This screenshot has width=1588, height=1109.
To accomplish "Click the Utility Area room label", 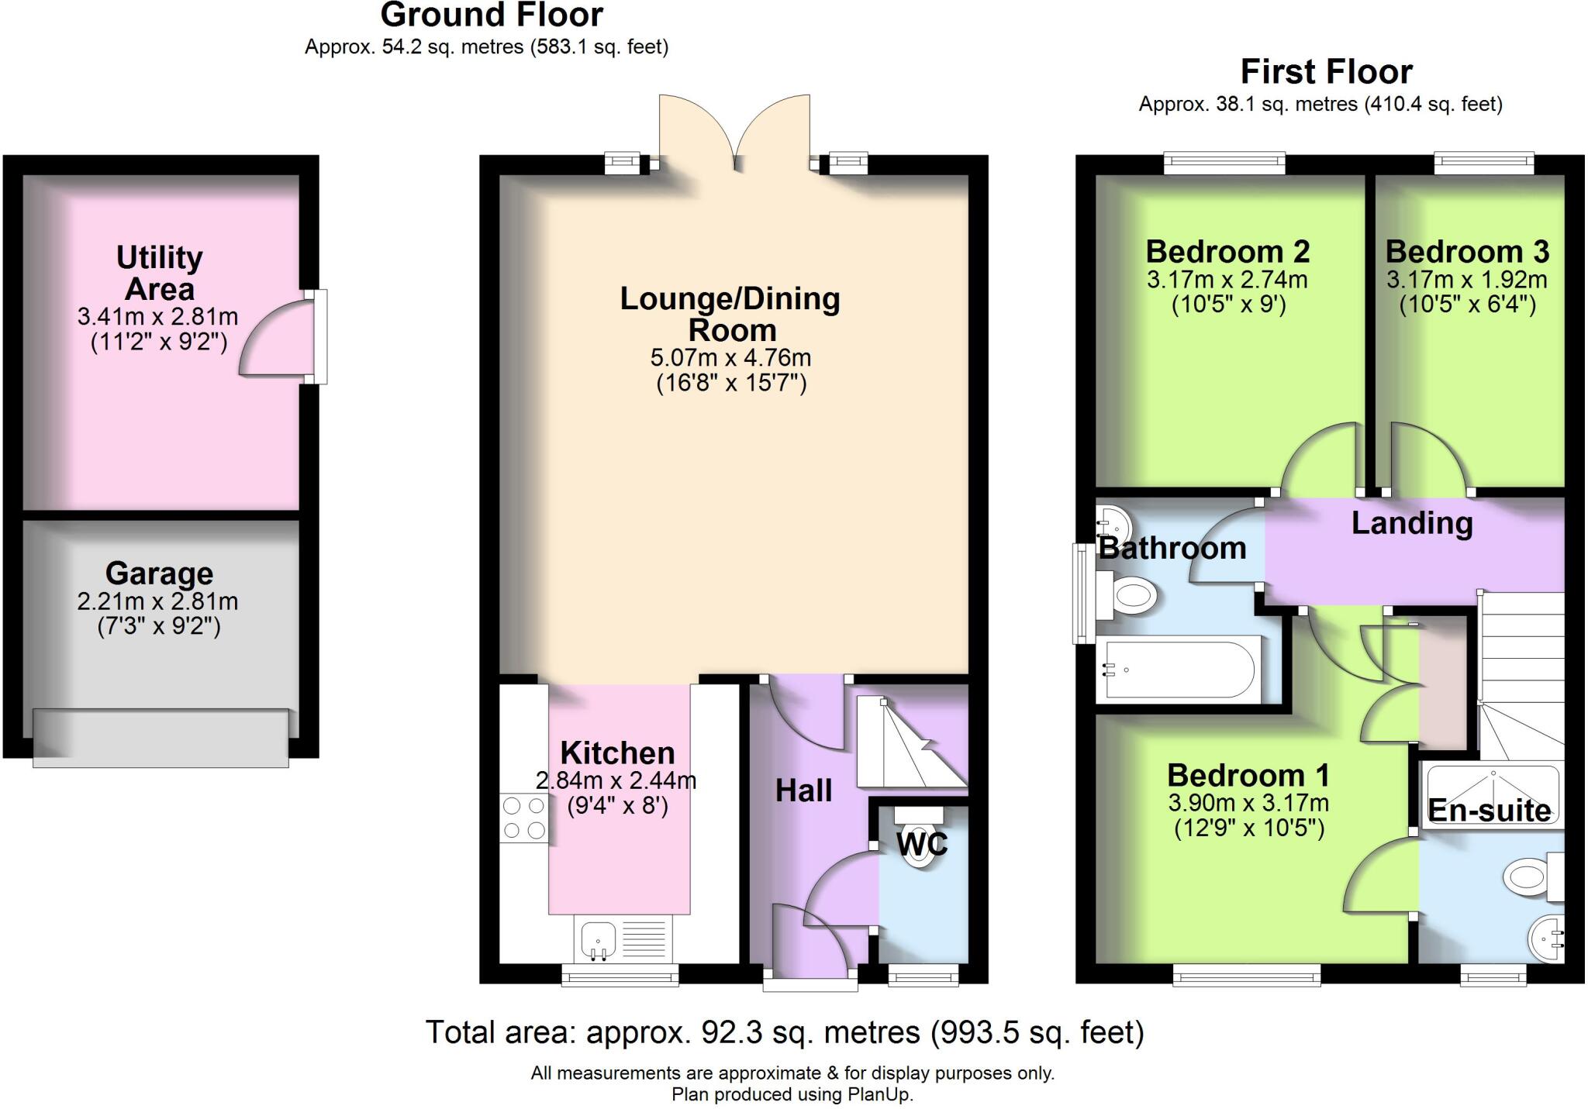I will (159, 273).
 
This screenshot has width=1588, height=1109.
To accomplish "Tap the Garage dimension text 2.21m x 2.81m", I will (157, 601).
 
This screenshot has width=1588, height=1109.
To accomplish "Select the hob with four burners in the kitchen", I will (524, 818).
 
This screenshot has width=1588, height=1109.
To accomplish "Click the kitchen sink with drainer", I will (623, 939).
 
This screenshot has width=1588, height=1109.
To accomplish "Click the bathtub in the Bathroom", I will (1178, 670).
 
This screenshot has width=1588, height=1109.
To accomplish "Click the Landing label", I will (1411, 523).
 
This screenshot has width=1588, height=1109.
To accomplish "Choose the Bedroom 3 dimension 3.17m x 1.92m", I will (1466, 280).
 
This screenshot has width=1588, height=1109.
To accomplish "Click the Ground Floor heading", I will (492, 15).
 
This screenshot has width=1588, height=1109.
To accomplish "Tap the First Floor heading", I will (1326, 72).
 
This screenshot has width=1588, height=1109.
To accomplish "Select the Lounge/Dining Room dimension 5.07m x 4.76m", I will (730, 358).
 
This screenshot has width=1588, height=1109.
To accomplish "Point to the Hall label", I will (804, 790).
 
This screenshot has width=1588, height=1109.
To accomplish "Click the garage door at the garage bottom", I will (161, 739).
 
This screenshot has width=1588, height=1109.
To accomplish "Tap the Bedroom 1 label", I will (1248, 775).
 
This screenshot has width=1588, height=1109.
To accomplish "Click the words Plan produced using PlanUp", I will (792, 1094).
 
